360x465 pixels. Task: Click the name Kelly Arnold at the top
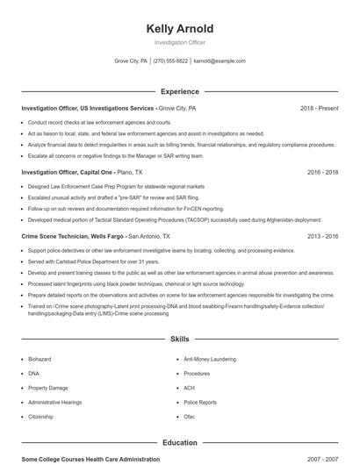(x=179, y=29)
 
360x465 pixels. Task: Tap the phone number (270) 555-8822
(x=170, y=61)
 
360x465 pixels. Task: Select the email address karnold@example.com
(x=220, y=61)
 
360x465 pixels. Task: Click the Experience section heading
(x=179, y=91)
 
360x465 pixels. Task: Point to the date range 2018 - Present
(x=319, y=108)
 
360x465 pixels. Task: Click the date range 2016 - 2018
(x=322, y=173)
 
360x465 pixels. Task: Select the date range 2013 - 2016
(x=322, y=237)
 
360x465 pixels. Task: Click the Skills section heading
(x=179, y=339)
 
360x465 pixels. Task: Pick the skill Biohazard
(x=40, y=359)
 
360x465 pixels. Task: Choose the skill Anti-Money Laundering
(x=209, y=359)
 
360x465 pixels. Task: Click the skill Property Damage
(x=47, y=388)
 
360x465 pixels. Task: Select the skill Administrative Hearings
(x=54, y=402)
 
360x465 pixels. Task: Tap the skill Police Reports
(x=199, y=402)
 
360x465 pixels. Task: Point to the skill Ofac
(x=190, y=417)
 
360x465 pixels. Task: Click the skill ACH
(x=189, y=388)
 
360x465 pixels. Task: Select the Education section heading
(x=179, y=443)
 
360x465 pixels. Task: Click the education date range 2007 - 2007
(x=322, y=459)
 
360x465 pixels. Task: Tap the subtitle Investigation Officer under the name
(x=179, y=42)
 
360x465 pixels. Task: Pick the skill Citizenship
(x=41, y=417)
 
